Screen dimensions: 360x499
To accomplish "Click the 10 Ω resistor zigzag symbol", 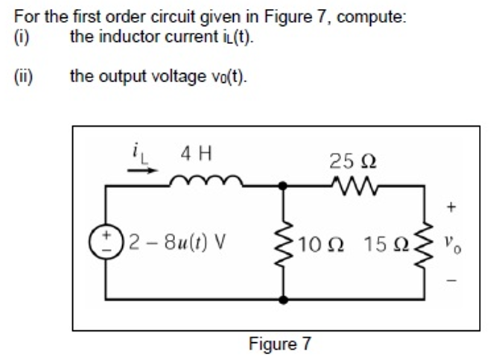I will click(x=283, y=242).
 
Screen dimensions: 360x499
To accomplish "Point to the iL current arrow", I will click(x=142, y=170).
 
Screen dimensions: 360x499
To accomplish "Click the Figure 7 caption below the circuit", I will click(x=280, y=344).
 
